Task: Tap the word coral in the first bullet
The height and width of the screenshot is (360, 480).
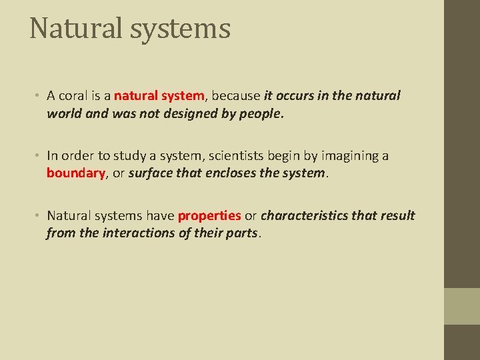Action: tap(75, 95)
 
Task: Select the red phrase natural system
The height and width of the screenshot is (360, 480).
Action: tap(159, 95)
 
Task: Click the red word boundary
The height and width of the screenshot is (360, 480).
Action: tap(76, 173)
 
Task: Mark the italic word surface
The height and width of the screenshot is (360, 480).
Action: tap(150, 173)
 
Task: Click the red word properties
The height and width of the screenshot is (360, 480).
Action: tap(209, 215)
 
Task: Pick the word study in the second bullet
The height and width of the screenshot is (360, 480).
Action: tap(109, 155)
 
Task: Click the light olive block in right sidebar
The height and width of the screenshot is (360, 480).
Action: tap(462, 306)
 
